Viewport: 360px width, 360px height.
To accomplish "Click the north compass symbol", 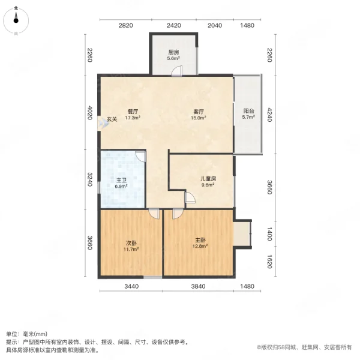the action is [x=16, y=21].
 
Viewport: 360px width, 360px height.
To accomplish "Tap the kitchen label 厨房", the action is [x=173, y=52].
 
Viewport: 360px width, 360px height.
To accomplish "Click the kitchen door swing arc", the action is [x=176, y=70].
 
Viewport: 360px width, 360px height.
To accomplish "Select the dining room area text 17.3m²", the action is [x=133, y=118].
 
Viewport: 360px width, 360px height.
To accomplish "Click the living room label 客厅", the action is [x=199, y=112].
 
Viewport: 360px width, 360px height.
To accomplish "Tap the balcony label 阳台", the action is [x=248, y=111].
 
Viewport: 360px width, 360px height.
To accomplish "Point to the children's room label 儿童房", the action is [x=208, y=179].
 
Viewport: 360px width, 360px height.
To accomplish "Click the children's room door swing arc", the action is [x=190, y=197].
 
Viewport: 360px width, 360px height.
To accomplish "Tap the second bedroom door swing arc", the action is [x=154, y=214].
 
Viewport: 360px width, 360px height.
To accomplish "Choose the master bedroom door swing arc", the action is [x=178, y=214].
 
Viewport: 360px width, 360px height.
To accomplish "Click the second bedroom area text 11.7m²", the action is [x=131, y=249].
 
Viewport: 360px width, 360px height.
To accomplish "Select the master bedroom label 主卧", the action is [x=200, y=240].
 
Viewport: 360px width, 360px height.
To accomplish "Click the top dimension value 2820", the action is [x=125, y=25].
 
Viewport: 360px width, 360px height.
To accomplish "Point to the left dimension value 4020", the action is [x=90, y=113].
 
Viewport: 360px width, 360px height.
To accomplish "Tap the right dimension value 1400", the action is [x=269, y=234].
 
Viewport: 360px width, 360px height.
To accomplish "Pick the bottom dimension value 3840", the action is [x=199, y=286].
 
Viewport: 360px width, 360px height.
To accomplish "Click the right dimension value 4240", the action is [x=269, y=115].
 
